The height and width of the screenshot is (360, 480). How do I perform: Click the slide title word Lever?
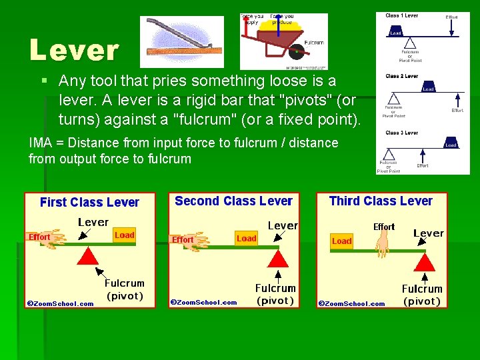click(74, 50)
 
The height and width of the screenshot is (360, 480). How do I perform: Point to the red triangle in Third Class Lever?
click(423, 261)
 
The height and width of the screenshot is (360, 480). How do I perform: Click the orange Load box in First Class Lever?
click(125, 235)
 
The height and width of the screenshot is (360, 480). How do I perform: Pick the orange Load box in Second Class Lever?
click(247, 238)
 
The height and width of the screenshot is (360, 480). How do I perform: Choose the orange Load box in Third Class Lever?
click(342, 241)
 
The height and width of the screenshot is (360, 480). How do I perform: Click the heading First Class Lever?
click(89, 202)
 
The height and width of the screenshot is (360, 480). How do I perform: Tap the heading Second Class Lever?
click(233, 201)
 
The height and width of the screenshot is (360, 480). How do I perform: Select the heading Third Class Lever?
click(381, 201)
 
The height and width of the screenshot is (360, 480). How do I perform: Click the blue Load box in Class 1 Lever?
click(396, 32)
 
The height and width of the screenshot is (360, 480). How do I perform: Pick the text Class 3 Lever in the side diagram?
click(401, 133)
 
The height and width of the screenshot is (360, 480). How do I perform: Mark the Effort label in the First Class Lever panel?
click(39, 237)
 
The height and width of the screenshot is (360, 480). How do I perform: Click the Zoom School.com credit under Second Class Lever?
click(204, 302)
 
